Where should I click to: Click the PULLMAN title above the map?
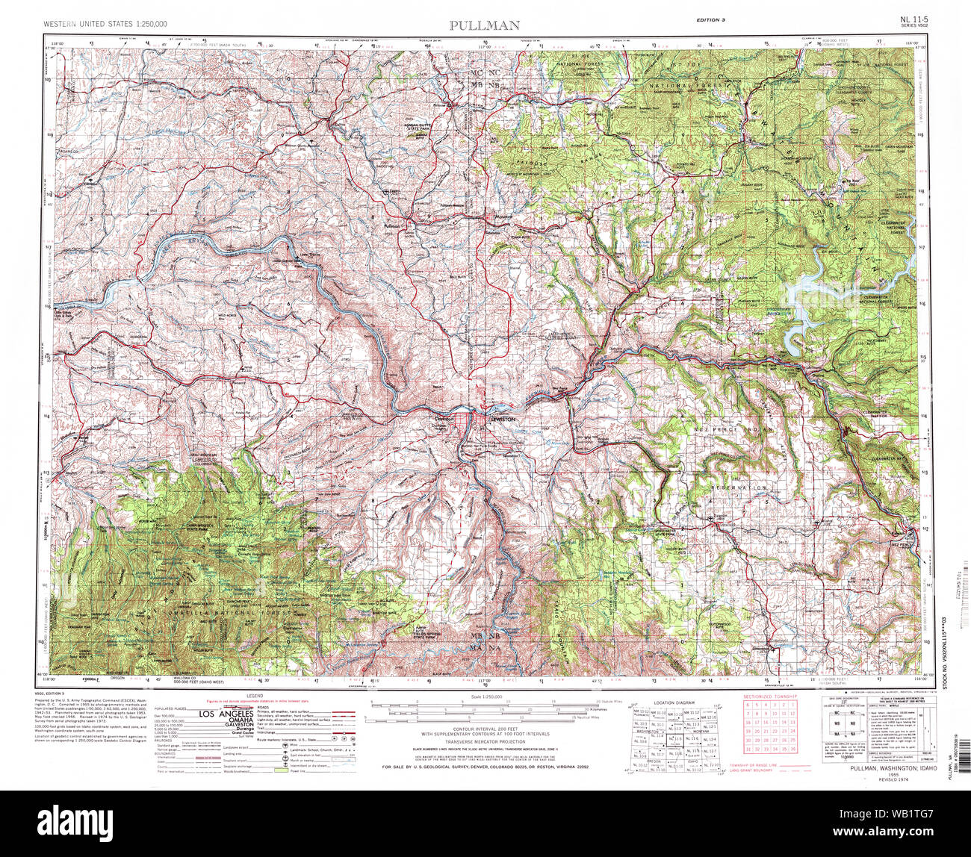[485, 25]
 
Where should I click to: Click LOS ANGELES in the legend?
[223, 714]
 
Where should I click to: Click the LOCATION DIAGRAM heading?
[673, 703]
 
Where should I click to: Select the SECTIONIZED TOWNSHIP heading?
[769, 696]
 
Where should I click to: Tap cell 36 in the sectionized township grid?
[792, 749]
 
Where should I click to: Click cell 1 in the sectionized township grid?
[792, 705]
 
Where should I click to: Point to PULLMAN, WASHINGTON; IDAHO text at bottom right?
[881, 767]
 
